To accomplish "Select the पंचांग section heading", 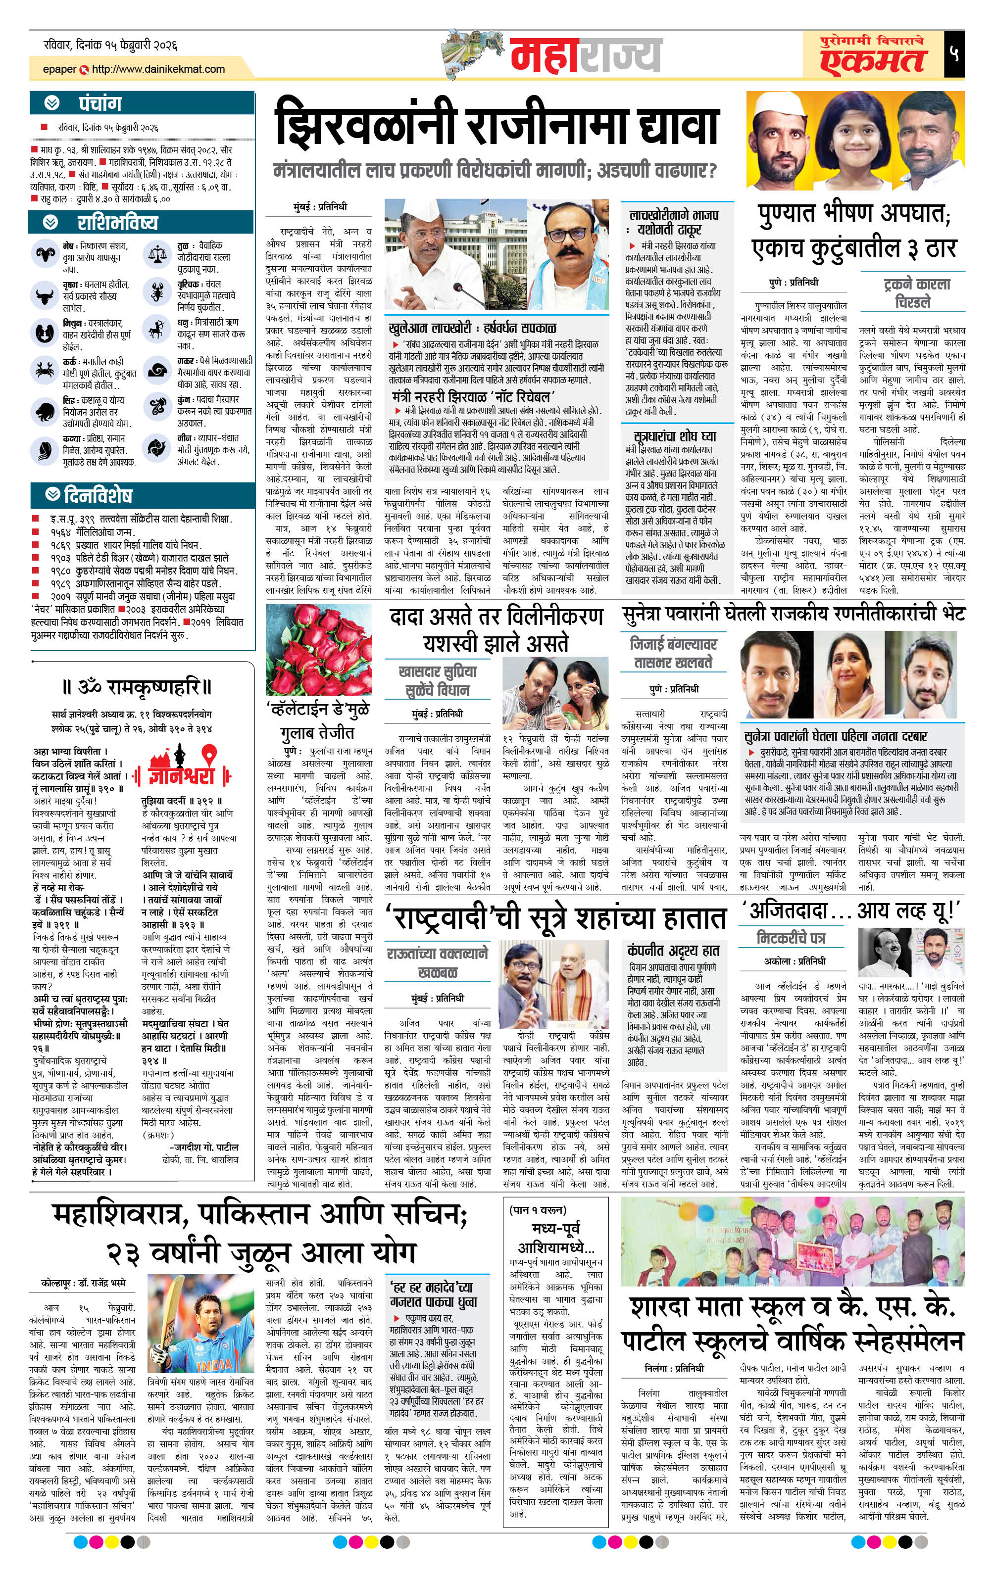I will click(x=99, y=103).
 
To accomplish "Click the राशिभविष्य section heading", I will click(x=117, y=223).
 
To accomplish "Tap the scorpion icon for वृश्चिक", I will click(x=157, y=292).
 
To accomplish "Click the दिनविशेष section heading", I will click(x=98, y=495).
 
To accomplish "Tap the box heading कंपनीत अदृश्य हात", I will click(x=673, y=950).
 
